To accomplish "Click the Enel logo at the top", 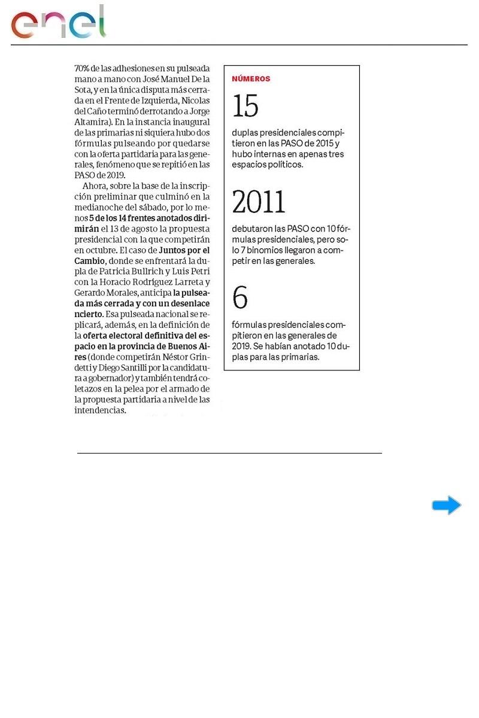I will (58, 23).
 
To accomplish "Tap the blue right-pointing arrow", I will (447, 506).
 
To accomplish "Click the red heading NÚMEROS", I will (251, 78).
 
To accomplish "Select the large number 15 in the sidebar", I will (245, 107).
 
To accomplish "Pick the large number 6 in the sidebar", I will (239, 297).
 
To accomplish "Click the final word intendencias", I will (100, 411).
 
